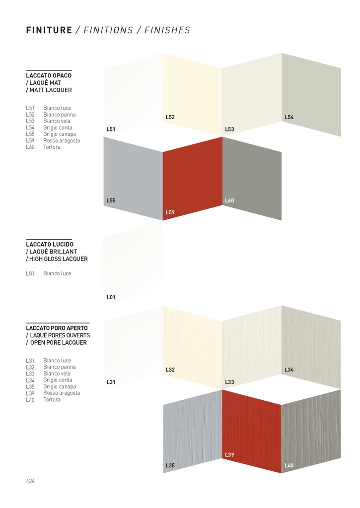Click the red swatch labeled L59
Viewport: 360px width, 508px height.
193,179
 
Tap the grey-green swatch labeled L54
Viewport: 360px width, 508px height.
311,94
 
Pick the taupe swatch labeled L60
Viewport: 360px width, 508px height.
252,179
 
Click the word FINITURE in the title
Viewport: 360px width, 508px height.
49,30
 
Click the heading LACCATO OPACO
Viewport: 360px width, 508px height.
49,75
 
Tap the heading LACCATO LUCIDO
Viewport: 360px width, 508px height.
50,245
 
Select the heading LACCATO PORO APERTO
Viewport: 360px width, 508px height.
57,328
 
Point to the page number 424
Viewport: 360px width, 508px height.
30,481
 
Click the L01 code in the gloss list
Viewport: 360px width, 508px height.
30,273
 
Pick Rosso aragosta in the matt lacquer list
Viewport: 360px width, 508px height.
61,140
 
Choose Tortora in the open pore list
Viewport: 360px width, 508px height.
52,399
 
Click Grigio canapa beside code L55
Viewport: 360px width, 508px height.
59,134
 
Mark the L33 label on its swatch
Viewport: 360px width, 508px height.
229,382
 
